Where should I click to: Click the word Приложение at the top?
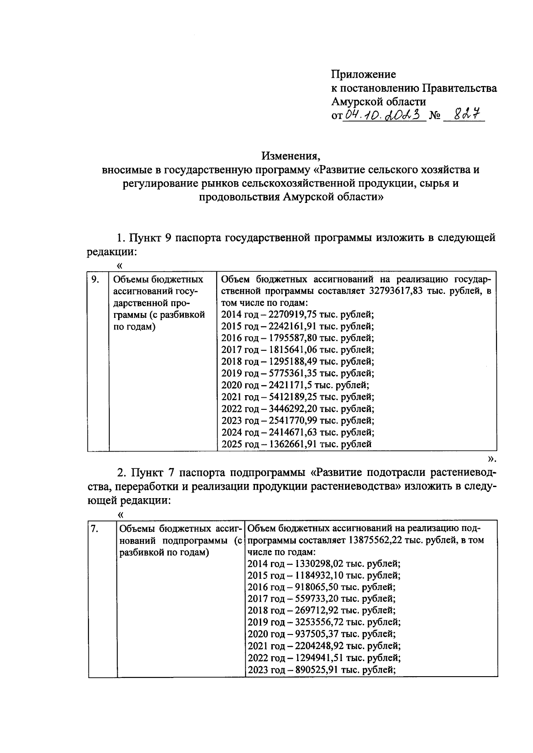pyautogui.click(x=363, y=74)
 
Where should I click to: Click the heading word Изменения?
pyautogui.click(x=290, y=156)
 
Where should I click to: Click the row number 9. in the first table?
pyautogui.click(x=95, y=280)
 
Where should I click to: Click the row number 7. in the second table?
pyautogui.click(x=95, y=529)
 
